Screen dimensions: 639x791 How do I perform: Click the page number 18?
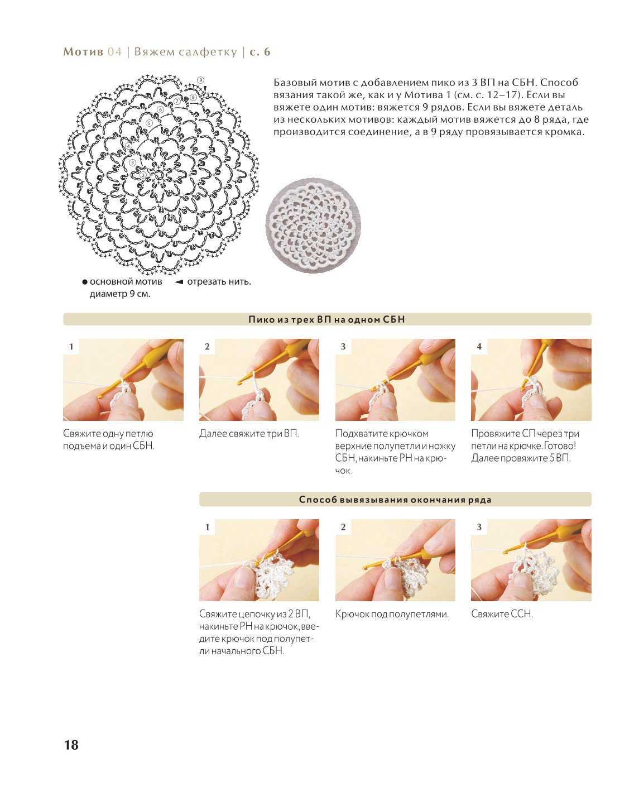71,745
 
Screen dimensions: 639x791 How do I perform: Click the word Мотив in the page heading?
83,51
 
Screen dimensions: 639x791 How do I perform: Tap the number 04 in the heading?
114,51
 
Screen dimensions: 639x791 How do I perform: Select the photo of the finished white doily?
313,226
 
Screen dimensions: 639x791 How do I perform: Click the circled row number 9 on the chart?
200,80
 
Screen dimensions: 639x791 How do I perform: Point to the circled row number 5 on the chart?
149,123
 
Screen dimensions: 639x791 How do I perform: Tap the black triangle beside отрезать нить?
179,282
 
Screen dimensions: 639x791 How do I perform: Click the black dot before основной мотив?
85,282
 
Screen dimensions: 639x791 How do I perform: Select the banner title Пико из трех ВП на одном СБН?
326,319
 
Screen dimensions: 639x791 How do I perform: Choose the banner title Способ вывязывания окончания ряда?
395,500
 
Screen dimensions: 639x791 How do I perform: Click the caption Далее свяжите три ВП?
249,433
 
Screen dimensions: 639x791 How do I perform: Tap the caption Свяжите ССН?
502,614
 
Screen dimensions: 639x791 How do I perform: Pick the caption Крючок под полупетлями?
392,614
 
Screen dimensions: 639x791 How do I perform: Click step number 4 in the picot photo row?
479,347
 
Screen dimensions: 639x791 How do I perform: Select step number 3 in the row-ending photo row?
479,527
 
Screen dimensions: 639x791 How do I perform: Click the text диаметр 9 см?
120,294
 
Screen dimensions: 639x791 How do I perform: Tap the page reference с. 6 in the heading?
260,51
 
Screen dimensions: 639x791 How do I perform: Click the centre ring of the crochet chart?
158,175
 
